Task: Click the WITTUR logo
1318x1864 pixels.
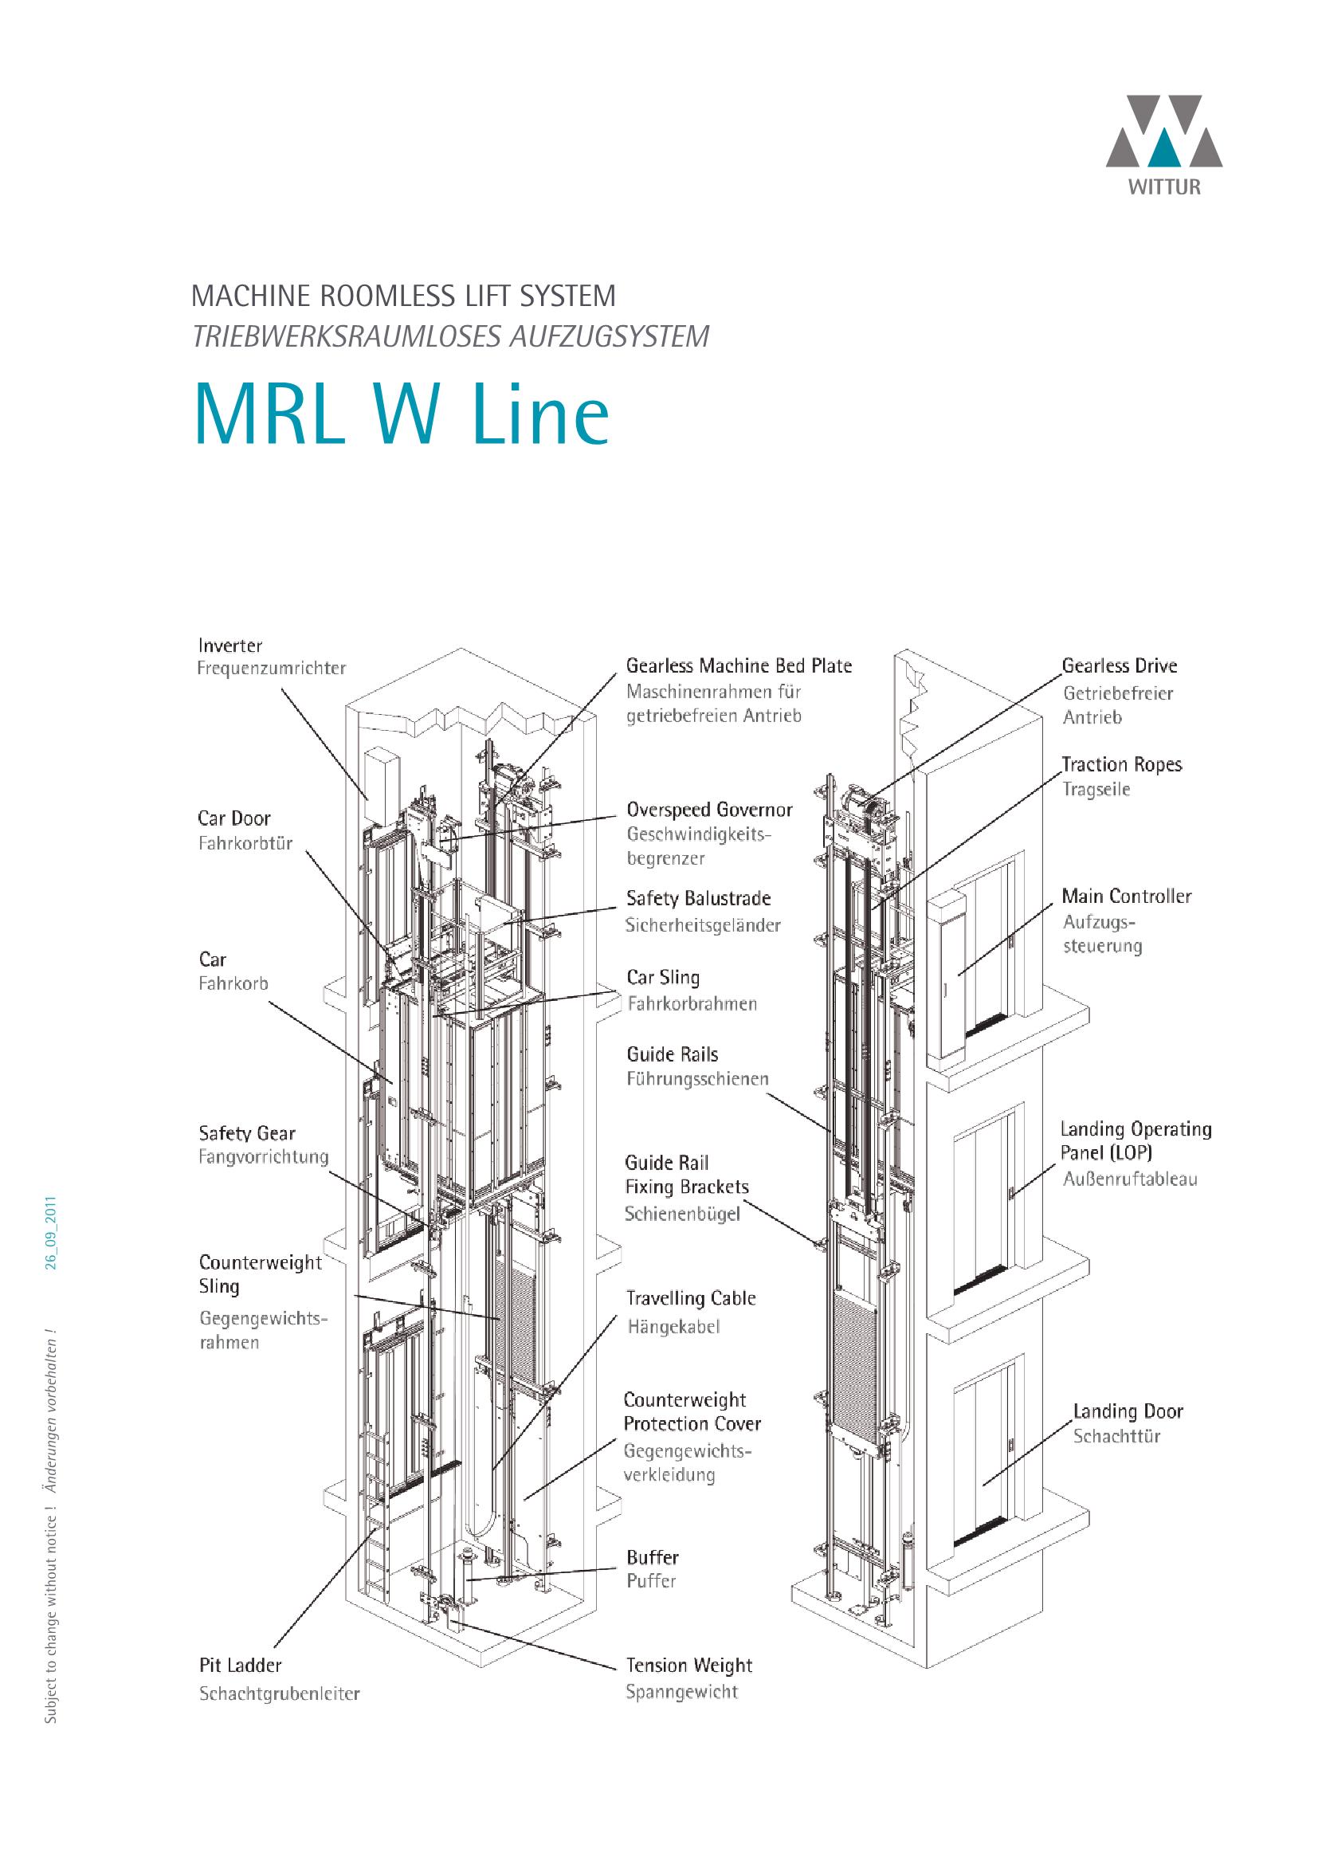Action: (1163, 144)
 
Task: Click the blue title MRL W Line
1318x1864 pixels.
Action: (401, 415)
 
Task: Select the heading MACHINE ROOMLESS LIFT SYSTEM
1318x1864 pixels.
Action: (403, 296)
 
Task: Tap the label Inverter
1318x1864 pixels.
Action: (229, 646)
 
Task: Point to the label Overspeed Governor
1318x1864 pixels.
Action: (708, 810)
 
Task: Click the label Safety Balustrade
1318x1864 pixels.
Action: (698, 898)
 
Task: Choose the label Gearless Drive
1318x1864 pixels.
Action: (1118, 665)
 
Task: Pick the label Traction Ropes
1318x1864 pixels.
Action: (1121, 764)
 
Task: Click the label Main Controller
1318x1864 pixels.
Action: (1126, 897)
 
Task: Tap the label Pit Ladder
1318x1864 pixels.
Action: (240, 1665)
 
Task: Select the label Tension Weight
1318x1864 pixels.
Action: (688, 1665)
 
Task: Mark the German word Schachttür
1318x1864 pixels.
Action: (1116, 1436)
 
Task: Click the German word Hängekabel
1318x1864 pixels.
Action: (673, 1327)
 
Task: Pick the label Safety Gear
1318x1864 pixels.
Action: (247, 1133)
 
